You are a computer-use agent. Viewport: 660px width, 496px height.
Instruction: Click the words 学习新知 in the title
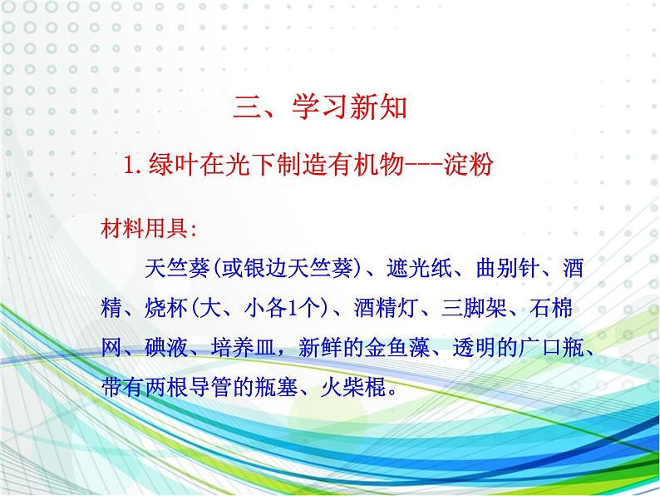(350, 107)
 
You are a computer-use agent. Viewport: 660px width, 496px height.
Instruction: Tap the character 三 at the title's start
(247, 108)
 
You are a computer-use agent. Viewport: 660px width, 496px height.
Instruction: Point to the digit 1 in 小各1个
(293, 308)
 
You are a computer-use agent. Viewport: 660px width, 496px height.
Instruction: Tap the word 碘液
(166, 347)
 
